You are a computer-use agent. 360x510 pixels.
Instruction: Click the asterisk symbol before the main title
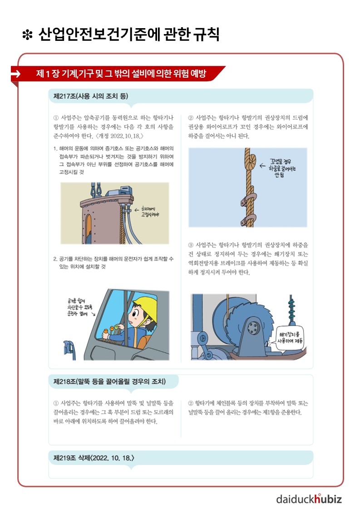click(27, 35)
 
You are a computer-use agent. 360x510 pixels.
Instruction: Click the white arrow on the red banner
click(15, 74)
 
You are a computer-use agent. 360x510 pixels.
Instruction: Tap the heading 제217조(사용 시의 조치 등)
click(91, 96)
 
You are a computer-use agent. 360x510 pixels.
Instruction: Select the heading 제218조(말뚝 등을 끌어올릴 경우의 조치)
click(109, 381)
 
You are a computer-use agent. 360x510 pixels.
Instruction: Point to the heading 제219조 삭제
click(94, 458)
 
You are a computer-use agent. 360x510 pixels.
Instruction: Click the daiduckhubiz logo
click(309, 498)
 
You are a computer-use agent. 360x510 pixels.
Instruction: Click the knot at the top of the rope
click(250, 161)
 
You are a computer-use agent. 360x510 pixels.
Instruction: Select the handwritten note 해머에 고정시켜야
click(150, 212)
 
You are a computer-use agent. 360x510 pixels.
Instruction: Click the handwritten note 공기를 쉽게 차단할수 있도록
click(79, 307)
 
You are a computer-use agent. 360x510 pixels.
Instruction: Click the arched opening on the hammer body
click(88, 229)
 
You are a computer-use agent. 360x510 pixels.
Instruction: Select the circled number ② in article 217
click(191, 118)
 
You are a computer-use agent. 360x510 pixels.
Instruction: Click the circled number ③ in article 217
click(191, 245)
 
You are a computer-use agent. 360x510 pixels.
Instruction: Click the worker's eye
click(135, 314)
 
